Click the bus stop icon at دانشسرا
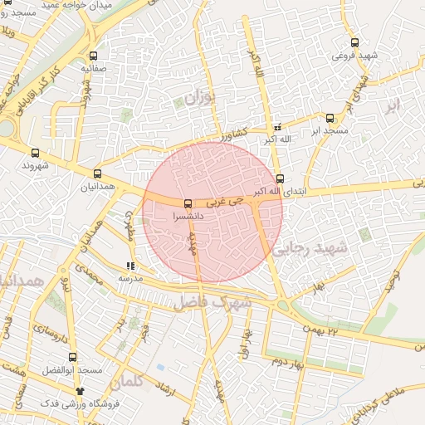click(x=188, y=203)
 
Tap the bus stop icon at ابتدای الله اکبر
click(x=279, y=178)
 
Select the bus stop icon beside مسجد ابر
click(x=330, y=118)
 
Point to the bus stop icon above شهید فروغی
click(x=355, y=42)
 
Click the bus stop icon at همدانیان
click(x=98, y=174)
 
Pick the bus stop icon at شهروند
click(x=35, y=154)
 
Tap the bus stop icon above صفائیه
click(x=92, y=56)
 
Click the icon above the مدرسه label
click(x=129, y=266)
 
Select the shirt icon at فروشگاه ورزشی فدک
click(x=81, y=389)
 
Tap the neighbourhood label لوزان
click(x=198, y=100)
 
